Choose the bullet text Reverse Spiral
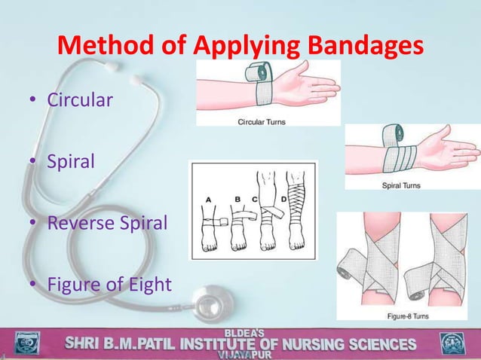point(104,224)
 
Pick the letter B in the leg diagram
point(237,200)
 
